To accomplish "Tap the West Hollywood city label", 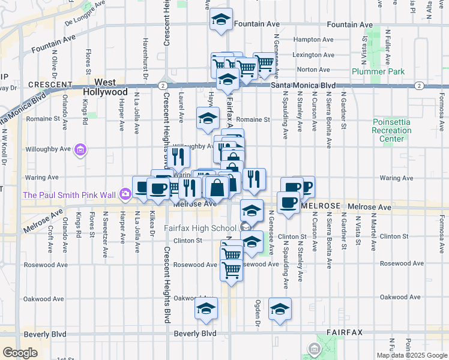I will (111, 87).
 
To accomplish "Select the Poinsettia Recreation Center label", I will (391, 130).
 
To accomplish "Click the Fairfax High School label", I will (199, 228).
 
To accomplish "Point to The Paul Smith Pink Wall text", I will (69, 194).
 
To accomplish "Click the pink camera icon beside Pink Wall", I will (125, 193).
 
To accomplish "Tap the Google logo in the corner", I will (20, 353).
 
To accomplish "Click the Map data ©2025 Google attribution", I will (412, 355).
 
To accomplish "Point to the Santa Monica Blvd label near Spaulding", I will (303, 86).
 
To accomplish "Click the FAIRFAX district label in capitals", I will (345, 332).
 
